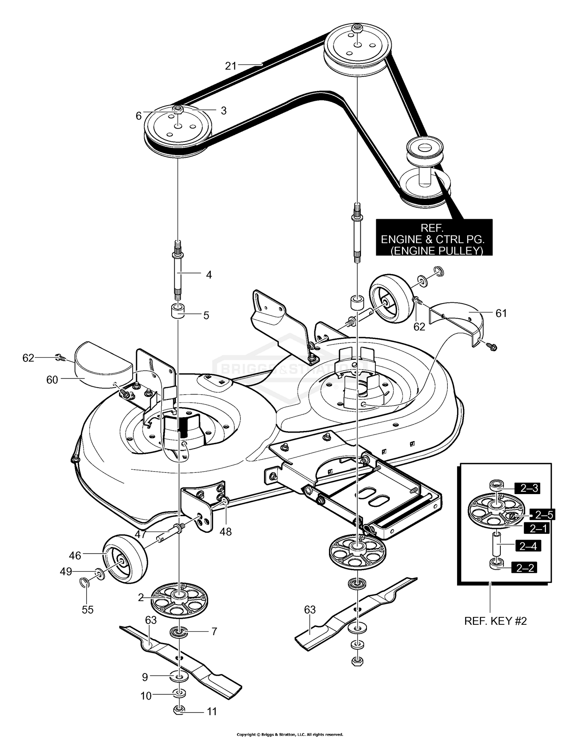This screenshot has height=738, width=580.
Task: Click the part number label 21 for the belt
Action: (231, 66)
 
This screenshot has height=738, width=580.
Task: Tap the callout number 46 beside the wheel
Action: (75, 556)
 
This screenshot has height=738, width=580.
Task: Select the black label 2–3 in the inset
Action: (529, 488)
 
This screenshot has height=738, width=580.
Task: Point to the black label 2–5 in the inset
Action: (544, 515)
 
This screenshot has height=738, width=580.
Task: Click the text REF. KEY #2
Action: (495, 621)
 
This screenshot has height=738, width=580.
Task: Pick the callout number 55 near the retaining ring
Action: (88, 610)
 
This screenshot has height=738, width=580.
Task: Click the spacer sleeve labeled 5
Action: (178, 311)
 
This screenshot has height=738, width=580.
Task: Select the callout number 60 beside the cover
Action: (52, 380)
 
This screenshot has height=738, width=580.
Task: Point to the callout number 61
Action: (501, 313)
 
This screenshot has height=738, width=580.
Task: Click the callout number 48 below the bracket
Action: (225, 532)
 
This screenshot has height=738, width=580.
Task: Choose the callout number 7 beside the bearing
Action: (214, 631)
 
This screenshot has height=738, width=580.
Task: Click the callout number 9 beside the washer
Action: (145, 677)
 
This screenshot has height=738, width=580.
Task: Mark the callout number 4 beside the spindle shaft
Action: (209, 275)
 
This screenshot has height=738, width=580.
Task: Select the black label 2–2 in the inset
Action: (524, 568)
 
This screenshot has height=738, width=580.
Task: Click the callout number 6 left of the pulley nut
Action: (138, 116)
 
